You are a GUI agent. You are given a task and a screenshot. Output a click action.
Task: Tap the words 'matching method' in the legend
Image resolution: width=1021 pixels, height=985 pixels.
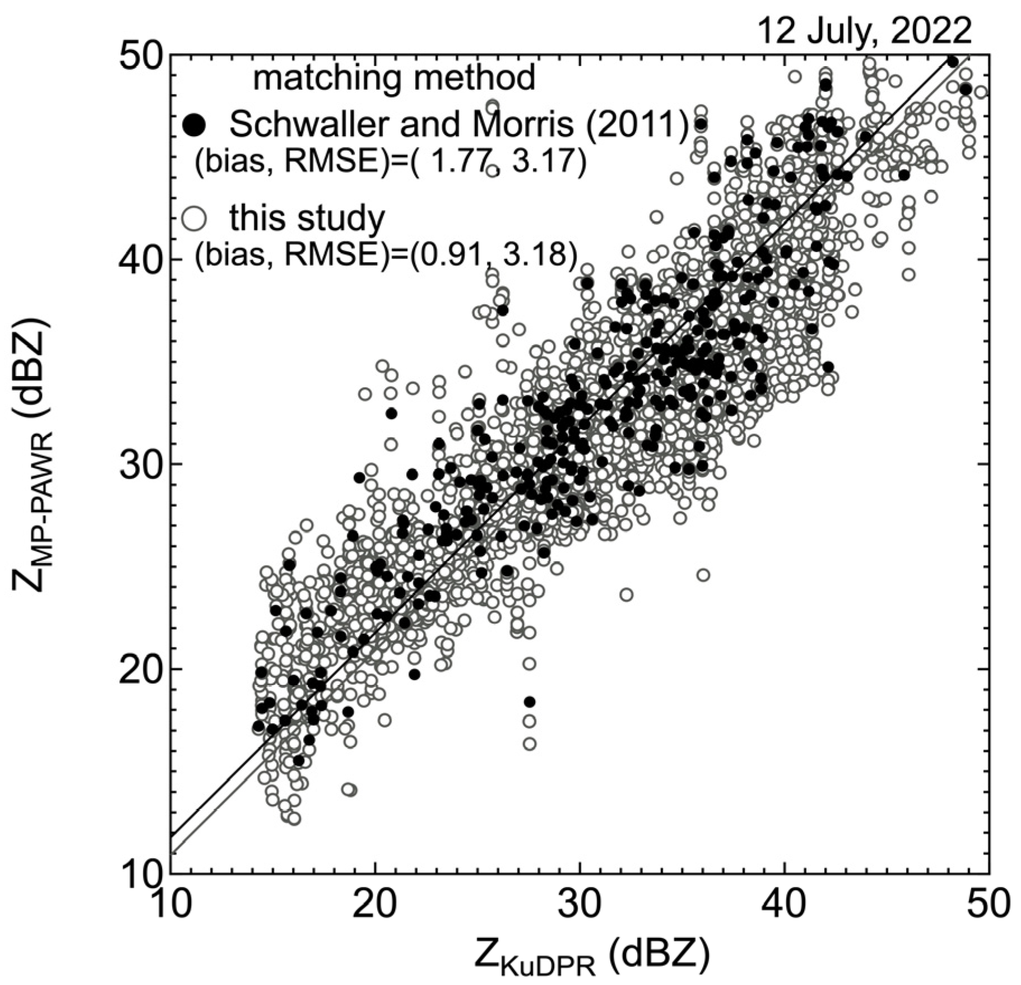click(x=394, y=78)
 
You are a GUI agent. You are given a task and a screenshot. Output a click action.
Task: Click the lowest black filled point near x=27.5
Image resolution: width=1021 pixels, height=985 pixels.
click(x=530, y=701)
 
